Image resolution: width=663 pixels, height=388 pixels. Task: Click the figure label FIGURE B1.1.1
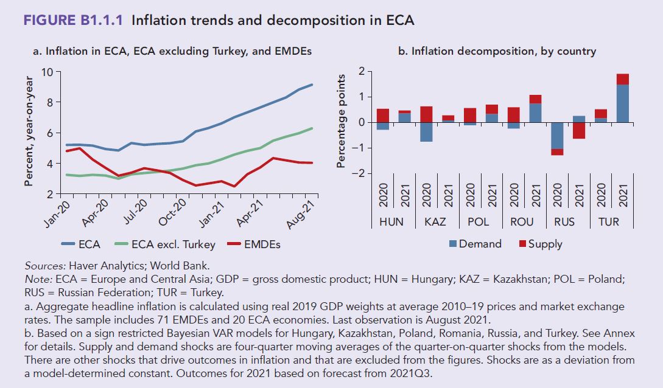pos(74,20)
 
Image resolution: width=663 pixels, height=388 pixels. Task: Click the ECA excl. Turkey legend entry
pos(173,244)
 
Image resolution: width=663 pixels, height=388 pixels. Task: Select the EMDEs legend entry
pos(262,244)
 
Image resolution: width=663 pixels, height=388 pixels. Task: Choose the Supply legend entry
pos(545,244)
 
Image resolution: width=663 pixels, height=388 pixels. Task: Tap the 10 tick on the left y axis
pos(47,72)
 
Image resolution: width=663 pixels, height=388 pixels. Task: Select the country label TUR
pos(609,221)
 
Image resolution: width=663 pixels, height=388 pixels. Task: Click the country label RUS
pos(564,221)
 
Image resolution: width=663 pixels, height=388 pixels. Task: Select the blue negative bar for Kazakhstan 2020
pos(426,132)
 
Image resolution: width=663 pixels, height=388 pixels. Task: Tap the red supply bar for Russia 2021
pos(579,130)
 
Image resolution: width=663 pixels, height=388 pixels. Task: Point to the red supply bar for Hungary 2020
pos(383,116)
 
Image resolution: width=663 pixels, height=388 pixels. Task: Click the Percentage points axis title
pos(342,121)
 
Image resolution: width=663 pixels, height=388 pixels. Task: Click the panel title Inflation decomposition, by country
pos(497,52)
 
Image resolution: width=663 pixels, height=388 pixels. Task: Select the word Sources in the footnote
pos(43,266)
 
